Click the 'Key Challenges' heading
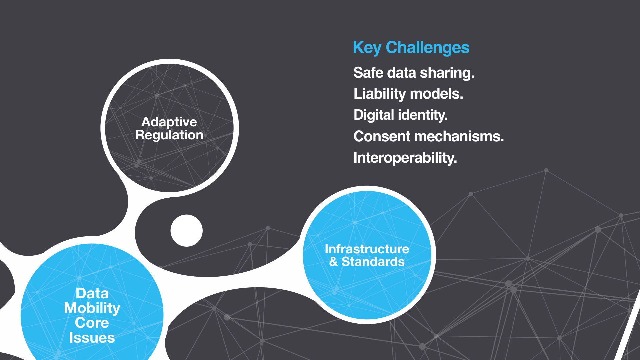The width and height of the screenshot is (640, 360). [x=411, y=48]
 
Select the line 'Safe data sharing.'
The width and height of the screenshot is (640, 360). [x=414, y=73]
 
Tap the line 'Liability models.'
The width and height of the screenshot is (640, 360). [x=408, y=94]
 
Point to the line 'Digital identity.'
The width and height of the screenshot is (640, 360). [x=400, y=115]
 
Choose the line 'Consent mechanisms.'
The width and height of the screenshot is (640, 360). [x=429, y=136]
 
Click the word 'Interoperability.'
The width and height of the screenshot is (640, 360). [x=405, y=158]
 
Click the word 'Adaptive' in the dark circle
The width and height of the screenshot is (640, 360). [x=169, y=122]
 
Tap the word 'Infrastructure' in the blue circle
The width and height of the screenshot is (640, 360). [x=367, y=249]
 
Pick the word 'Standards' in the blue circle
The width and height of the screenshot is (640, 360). [x=373, y=262]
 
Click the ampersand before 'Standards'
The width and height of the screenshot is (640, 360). [x=333, y=262]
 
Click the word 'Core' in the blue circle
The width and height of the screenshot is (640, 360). [x=92, y=323]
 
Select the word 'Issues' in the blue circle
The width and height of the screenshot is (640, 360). [x=92, y=338]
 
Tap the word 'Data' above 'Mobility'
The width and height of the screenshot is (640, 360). [x=92, y=294]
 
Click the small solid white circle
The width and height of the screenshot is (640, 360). [x=187, y=231]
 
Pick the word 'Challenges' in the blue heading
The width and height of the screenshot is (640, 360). [x=428, y=48]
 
